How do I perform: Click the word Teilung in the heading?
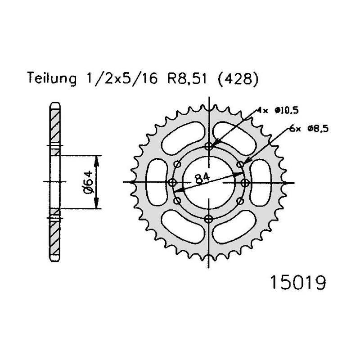click(52, 78)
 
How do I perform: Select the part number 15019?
click(298, 283)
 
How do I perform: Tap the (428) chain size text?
click(238, 79)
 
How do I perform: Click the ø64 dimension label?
click(88, 182)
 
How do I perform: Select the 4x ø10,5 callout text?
click(277, 111)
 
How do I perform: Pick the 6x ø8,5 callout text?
click(309, 129)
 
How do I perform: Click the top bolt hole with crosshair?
click(209, 146)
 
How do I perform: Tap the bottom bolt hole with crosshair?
click(209, 219)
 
